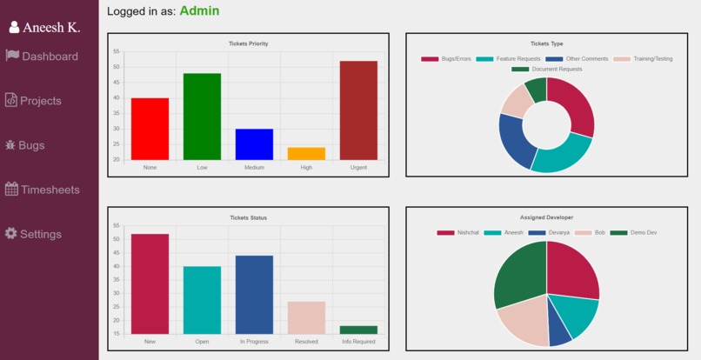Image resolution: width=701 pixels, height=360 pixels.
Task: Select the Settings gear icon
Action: click(x=11, y=234)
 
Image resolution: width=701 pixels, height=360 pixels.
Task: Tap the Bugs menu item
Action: click(x=25, y=145)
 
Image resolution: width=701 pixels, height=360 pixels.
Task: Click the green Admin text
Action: click(x=199, y=11)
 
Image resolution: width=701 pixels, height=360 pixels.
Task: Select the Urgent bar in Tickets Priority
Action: click(x=358, y=110)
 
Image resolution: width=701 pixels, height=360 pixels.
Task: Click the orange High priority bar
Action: click(x=306, y=154)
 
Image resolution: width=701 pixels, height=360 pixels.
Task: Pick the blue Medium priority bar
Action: click(x=254, y=144)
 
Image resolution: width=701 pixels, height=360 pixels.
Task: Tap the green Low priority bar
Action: click(x=202, y=117)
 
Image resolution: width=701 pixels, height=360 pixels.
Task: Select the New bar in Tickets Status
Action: click(x=150, y=283)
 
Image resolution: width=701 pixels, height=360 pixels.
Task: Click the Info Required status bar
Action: click(x=358, y=330)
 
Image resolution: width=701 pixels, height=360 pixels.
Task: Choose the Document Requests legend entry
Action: click(x=547, y=69)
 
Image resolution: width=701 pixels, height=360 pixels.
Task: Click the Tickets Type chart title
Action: click(x=546, y=43)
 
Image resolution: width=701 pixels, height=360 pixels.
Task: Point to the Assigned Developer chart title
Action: click(x=546, y=217)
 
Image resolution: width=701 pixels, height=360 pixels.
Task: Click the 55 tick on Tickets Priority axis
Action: click(x=116, y=52)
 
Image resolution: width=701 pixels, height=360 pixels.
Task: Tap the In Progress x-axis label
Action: click(x=254, y=342)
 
